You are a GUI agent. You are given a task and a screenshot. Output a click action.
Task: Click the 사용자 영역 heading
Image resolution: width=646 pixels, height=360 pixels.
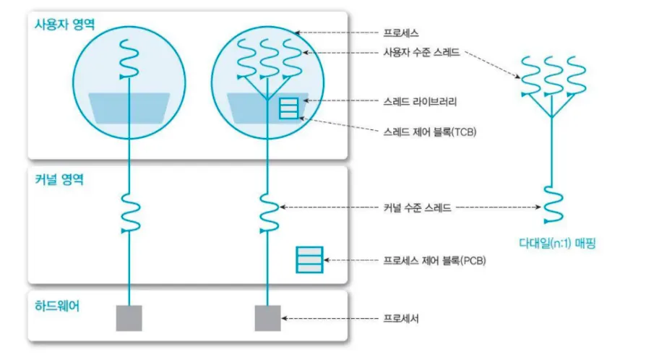click(65, 25)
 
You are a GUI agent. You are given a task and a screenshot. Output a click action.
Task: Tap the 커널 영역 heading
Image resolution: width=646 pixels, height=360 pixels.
click(59, 179)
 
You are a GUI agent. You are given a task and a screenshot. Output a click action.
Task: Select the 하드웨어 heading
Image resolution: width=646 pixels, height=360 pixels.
click(57, 306)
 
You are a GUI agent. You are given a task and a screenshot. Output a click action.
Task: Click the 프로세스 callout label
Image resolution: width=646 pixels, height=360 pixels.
click(401, 33)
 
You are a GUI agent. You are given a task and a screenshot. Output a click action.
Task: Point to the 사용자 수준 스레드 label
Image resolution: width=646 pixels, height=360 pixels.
click(421, 52)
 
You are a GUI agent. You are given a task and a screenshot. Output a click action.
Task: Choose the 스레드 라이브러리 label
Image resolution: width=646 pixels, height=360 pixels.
click(420, 101)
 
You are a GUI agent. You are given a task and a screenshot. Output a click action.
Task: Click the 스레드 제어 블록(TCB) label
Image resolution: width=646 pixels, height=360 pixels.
click(430, 132)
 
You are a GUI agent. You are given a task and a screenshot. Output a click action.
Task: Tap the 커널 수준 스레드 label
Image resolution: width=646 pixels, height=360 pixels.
click(418, 207)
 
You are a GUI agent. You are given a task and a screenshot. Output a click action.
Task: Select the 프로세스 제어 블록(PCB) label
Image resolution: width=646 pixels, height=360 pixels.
click(435, 261)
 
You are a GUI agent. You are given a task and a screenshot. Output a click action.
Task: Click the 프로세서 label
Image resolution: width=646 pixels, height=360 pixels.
click(401, 318)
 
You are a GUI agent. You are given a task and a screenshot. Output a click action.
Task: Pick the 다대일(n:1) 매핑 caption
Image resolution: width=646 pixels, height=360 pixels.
click(557, 244)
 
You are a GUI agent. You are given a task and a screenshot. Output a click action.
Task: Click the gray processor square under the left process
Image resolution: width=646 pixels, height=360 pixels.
click(129, 318)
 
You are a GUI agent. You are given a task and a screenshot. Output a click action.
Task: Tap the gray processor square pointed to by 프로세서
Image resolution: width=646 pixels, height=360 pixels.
click(268, 318)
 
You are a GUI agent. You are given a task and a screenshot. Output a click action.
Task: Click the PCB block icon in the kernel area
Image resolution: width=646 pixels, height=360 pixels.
click(309, 260)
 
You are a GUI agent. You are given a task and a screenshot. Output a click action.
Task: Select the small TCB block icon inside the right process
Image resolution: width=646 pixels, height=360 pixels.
click(289, 108)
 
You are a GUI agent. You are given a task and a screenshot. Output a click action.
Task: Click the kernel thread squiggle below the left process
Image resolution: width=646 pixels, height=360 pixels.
click(131, 213)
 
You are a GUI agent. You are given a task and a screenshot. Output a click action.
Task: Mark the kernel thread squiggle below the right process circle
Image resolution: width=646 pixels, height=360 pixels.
click(270, 213)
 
